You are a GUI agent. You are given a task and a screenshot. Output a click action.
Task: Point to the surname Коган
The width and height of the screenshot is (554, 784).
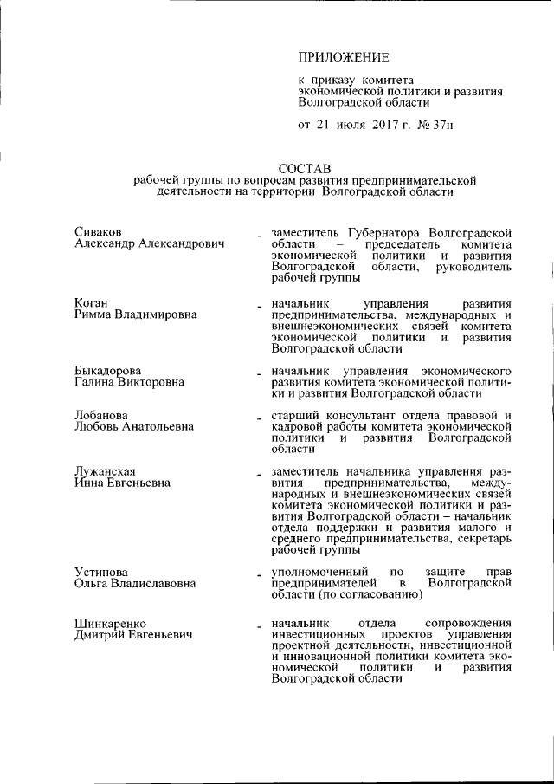point(91,302)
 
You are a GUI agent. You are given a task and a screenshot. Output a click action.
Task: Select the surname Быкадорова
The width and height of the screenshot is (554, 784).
point(107,371)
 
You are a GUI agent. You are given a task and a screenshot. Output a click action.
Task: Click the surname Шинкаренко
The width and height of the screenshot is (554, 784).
point(110,623)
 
